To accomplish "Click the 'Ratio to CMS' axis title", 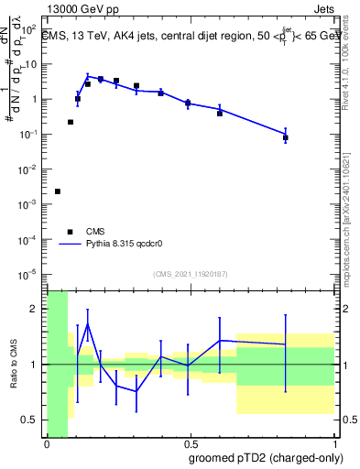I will (14, 365).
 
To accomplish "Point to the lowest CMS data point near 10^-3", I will (58, 191).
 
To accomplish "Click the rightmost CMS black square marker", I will (286, 137).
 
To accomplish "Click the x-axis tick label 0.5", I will (190, 444).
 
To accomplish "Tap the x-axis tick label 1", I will (333, 444).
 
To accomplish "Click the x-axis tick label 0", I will (47, 444).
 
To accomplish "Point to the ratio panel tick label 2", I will (36, 309).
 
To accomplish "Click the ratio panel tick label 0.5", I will (31, 420).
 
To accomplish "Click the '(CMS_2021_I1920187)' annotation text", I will (190, 274).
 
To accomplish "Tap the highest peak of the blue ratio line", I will (88, 323).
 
